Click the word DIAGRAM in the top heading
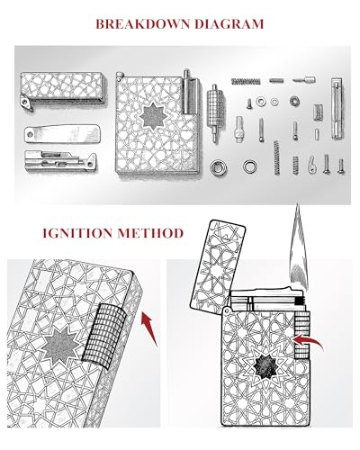[229, 24]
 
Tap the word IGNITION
[76, 233]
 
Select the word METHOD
[150, 233]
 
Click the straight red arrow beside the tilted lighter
[149, 328]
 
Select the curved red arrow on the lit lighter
[308, 342]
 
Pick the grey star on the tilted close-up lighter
[61, 345]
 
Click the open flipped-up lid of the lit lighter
[218, 265]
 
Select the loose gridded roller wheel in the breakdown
[215, 112]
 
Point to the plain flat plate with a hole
[62, 133]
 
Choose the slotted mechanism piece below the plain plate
[60, 161]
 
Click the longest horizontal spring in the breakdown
[245, 80]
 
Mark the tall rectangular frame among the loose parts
[337, 108]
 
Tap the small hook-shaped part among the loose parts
[312, 164]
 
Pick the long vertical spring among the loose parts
[276, 157]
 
